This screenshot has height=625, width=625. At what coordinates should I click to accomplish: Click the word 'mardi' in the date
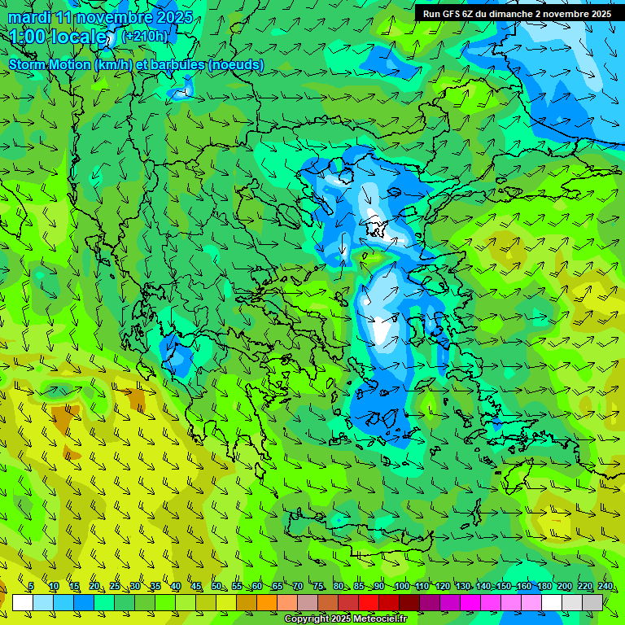[29, 17]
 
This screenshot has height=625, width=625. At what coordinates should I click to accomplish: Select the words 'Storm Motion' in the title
[49, 64]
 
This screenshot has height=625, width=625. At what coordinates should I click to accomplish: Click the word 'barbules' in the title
[177, 64]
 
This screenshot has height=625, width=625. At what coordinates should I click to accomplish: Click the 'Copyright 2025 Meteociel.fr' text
[345, 619]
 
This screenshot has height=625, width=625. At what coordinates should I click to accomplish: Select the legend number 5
[31, 586]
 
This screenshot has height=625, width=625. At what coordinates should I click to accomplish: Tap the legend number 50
[216, 586]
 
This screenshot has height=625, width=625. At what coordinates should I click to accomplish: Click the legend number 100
[401, 586]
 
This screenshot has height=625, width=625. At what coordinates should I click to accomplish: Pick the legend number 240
[605, 586]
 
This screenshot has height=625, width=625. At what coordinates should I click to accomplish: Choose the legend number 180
[544, 586]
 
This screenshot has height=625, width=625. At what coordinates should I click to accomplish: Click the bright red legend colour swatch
[369, 602]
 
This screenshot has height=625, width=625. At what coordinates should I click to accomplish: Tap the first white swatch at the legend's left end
[23, 602]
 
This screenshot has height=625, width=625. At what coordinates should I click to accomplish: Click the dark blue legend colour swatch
[84, 602]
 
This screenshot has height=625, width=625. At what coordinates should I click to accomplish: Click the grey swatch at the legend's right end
[592, 602]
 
